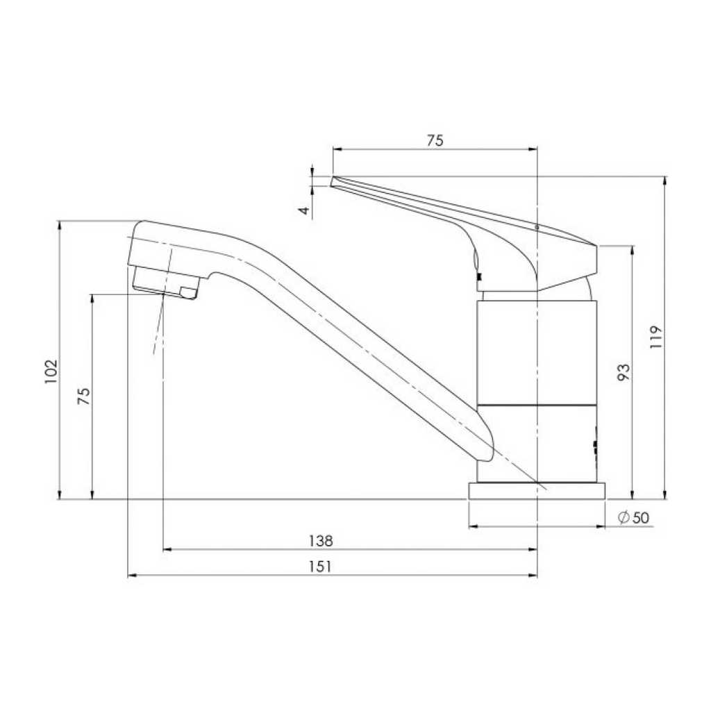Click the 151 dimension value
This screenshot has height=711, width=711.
click(x=320, y=566)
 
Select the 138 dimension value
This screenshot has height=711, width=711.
click(x=320, y=540)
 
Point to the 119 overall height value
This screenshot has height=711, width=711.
click(x=657, y=337)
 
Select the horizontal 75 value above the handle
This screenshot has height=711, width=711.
click(x=435, y=140)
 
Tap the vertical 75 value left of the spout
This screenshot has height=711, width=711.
click(x=83, y=396)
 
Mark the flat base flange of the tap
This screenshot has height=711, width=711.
click(x=537, y=491)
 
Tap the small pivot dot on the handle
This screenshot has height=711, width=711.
click(x=537, y=226)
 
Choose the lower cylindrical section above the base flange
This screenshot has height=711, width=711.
click(x=537, y=442)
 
